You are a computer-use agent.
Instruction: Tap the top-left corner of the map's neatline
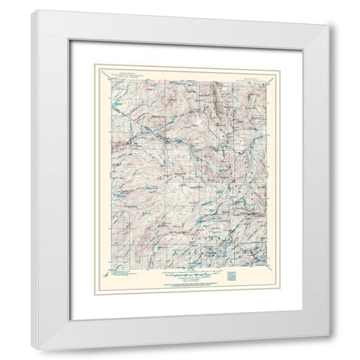tap(108, 78)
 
